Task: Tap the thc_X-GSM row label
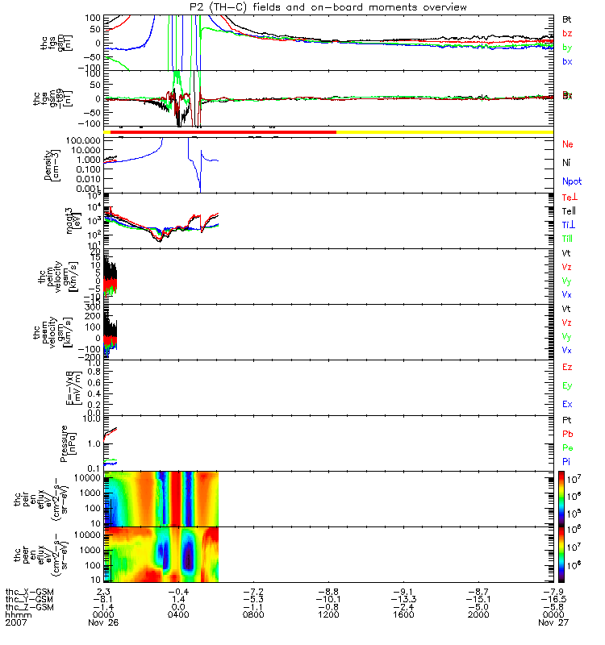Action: pos(29,592)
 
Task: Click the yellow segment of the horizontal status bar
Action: pos(444,131)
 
